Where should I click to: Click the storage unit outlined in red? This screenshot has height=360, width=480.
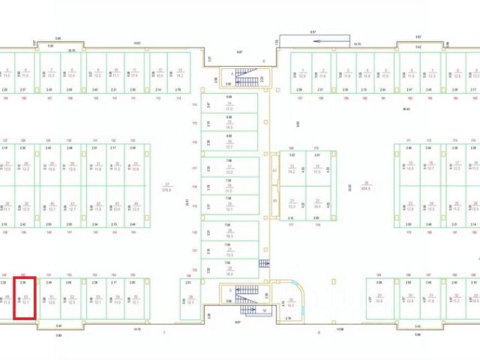26,298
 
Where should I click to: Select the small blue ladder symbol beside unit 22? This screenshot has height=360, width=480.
262,263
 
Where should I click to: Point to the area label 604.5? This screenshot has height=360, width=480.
367,188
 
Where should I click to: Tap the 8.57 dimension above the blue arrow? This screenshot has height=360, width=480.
313,31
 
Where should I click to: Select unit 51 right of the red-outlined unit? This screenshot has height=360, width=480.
51,300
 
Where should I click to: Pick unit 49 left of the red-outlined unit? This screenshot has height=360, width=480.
7,300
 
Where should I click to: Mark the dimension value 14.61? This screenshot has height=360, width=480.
137,43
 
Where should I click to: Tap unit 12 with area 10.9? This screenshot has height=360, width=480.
160,73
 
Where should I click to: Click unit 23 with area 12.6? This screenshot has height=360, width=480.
411,205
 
